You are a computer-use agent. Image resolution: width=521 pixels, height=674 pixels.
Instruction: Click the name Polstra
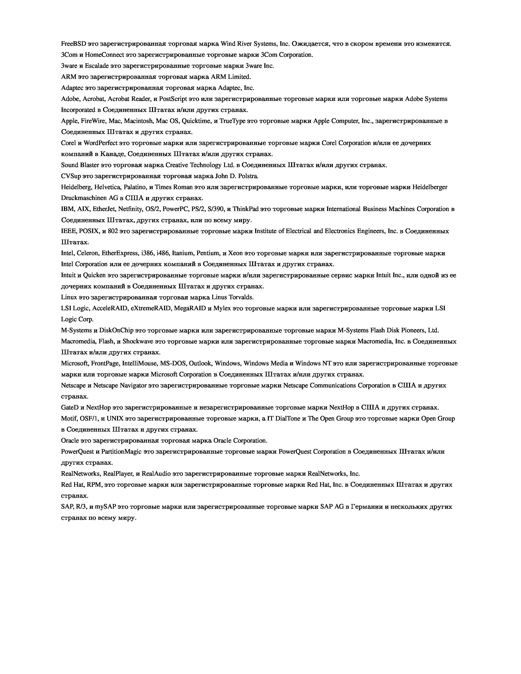pos(248,176)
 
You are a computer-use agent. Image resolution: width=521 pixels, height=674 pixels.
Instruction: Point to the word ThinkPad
pos(245,209)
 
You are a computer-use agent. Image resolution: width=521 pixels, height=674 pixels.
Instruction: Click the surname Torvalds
pos(242,297)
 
